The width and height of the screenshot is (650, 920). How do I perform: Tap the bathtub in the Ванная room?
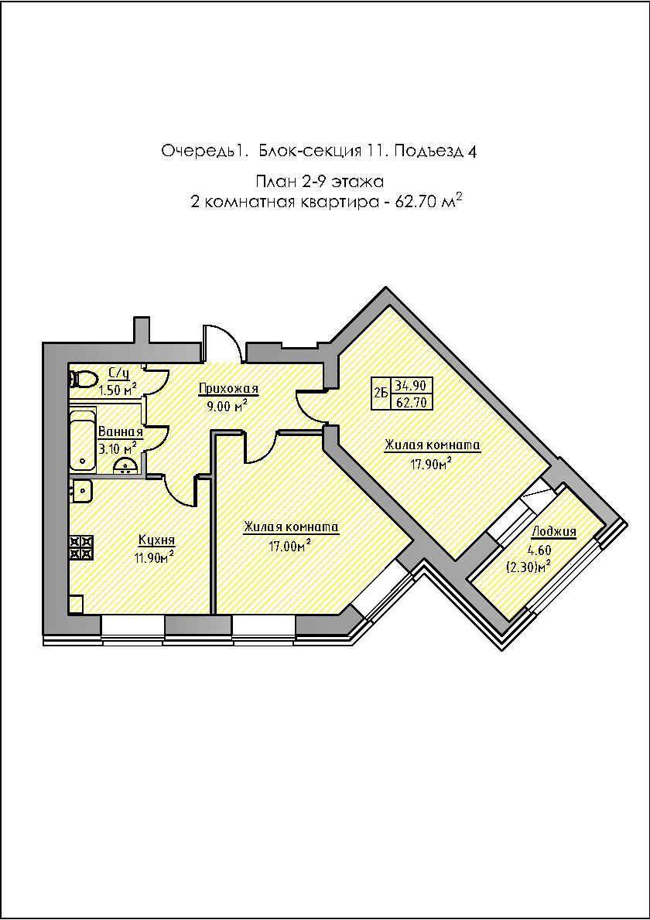[x=82, y=439]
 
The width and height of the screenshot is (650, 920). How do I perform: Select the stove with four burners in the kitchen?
[x=81, y=547]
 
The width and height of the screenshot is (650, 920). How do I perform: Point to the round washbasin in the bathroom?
[x=125, y=465]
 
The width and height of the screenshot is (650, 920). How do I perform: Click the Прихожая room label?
[x=228, y=388]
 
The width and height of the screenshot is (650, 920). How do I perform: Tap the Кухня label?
[x=156, y=539]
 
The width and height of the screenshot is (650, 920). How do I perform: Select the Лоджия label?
[x=554, y=532]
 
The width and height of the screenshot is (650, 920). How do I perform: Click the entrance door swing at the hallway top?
[x=222, y=342]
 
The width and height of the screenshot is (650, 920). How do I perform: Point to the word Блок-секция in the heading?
[x=310, y=152]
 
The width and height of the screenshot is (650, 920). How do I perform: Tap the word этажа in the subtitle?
[x=357, y=182]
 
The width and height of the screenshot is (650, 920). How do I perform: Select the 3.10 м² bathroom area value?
[x=118, y=449]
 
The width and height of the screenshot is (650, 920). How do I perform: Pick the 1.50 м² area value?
[x=118, y=390]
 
